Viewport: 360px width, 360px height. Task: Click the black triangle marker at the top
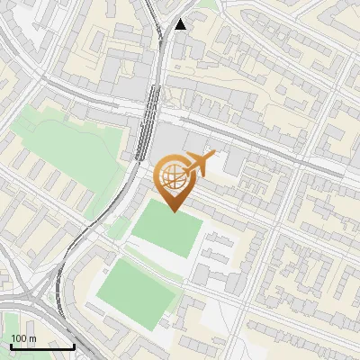pos(182,24)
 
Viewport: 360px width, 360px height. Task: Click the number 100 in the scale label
pos(19,338)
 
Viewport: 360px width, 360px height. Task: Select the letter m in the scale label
pos(32,338)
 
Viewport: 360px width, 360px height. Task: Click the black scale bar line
pos(42,346)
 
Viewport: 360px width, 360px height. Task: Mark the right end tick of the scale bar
pos(74,345)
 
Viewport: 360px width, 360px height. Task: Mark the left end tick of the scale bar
pos(11,345)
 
